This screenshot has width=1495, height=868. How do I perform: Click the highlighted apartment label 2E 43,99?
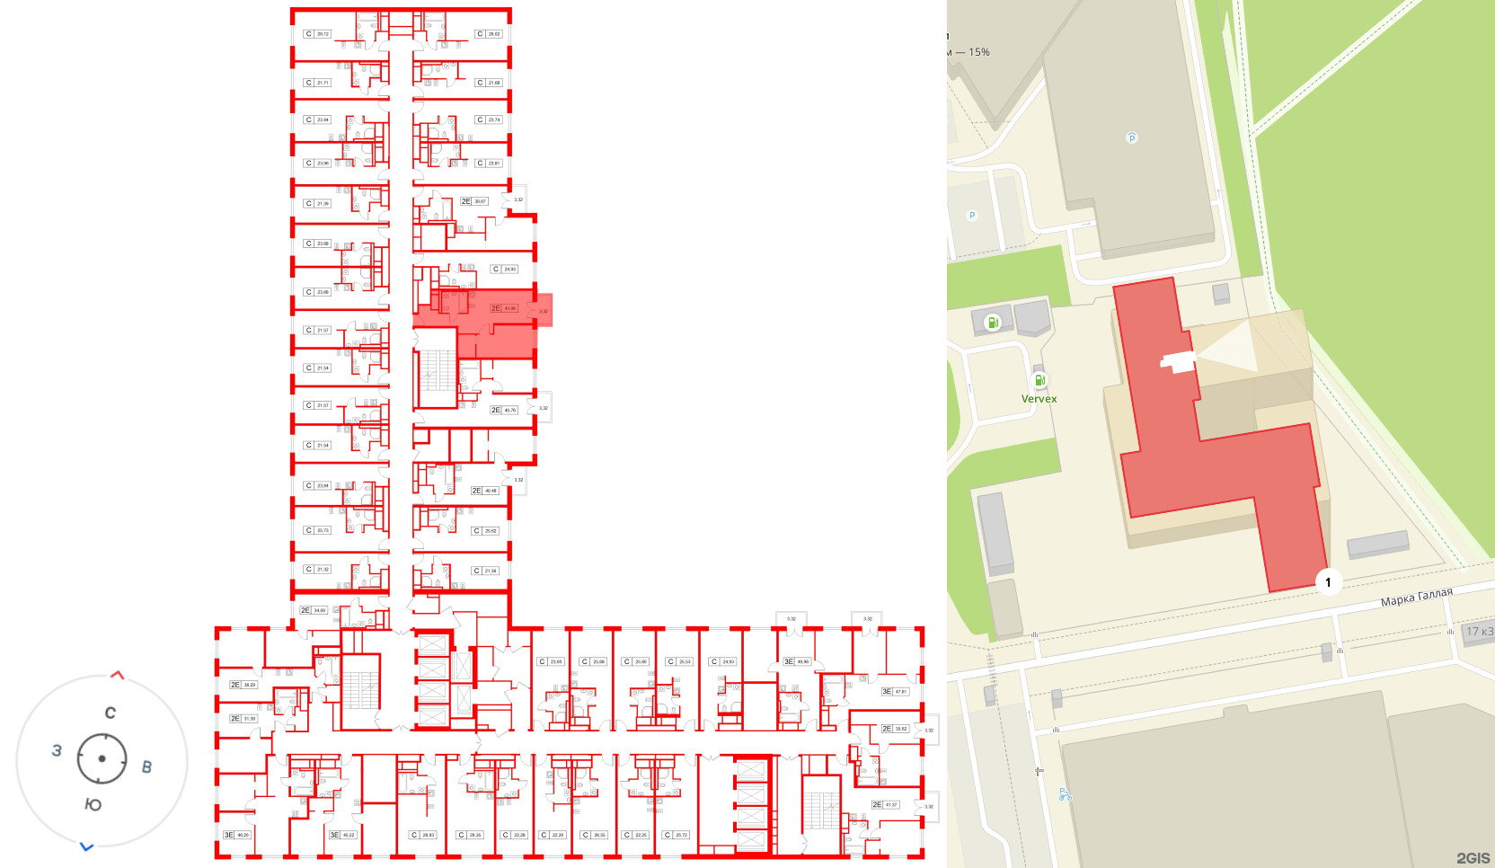503,308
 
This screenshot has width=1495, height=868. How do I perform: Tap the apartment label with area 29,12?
317,34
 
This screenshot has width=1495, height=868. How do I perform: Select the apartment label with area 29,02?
488,34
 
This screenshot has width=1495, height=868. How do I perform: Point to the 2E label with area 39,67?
473,201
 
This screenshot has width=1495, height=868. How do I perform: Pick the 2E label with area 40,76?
503,410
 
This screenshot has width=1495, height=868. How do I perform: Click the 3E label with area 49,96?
796,661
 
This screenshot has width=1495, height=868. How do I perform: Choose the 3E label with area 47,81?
895,691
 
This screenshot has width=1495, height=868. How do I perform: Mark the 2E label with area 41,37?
885,804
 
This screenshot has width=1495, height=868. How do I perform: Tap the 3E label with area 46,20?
236,835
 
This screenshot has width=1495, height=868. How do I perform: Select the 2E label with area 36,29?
243,685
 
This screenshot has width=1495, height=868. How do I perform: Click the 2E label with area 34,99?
313,610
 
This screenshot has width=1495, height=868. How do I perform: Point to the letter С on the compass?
110,713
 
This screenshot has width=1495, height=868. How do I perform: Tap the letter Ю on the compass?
93,805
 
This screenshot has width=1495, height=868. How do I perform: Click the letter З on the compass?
57,750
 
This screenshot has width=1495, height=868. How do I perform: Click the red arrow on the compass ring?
117,675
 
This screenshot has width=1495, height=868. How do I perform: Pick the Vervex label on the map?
1039,399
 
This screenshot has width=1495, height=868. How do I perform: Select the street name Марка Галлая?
1416,598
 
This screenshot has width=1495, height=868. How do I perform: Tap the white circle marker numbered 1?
1328,582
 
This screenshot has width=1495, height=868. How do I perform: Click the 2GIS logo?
1473,858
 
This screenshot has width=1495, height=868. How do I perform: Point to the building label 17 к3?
1479,632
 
